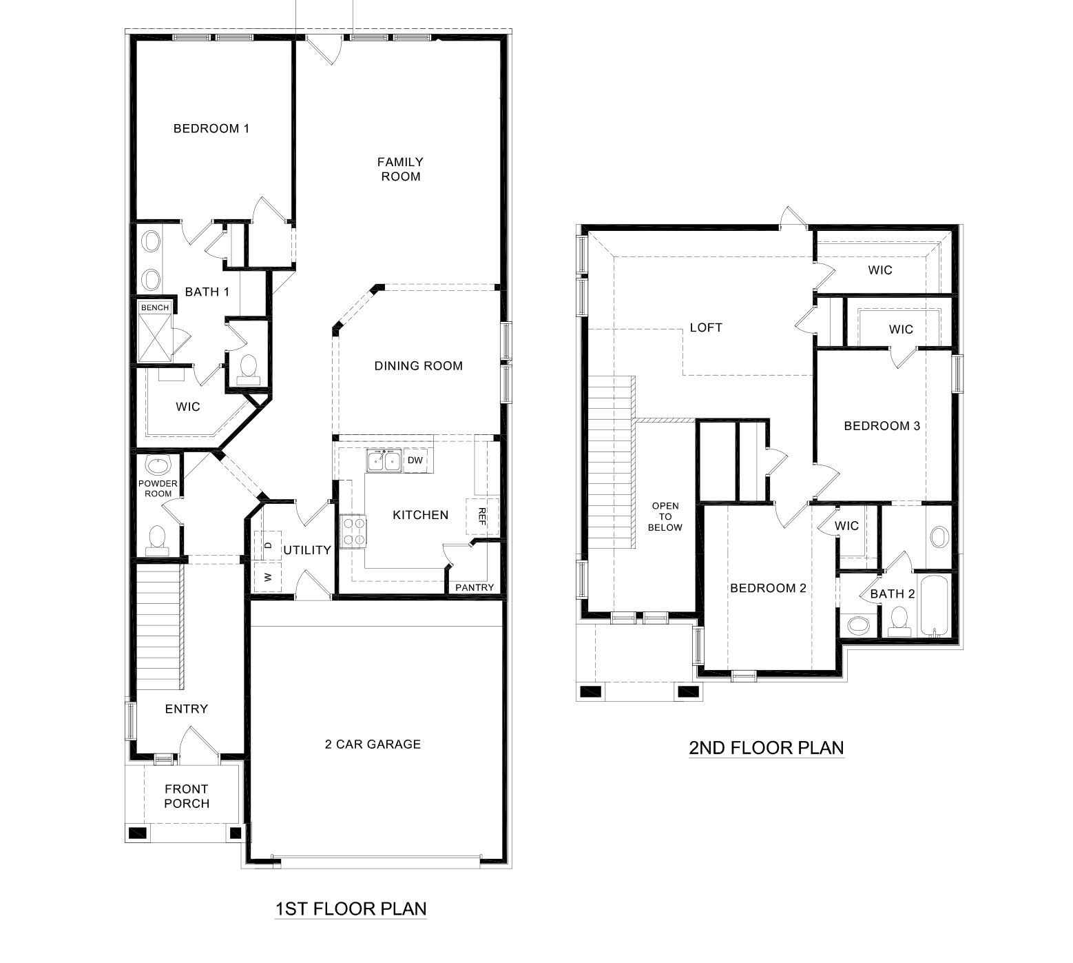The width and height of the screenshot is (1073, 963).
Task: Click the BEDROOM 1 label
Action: point(211,128)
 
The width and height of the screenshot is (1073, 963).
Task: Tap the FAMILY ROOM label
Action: point(400,169)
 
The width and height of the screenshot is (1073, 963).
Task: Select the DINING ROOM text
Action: point(418,366)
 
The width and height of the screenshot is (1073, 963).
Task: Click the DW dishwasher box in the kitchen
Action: point(415,460)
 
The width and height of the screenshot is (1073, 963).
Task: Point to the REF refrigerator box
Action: point(481,516)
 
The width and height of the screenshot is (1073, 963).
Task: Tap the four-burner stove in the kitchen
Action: point(353,531)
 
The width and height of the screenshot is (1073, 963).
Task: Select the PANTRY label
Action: point(475,587)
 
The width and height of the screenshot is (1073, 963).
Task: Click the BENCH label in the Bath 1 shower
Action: point(154,307)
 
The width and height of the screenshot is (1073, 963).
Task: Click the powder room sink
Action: point(158,465)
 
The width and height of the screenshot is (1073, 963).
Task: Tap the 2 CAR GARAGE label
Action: point(373,744)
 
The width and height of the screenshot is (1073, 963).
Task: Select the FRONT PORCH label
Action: point(186,796)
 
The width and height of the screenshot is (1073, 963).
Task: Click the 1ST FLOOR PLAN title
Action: point(350,909)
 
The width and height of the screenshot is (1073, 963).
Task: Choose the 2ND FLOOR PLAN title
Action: point(766,748)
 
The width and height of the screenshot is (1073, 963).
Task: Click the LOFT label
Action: point(706,327)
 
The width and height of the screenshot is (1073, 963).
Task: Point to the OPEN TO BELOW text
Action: point(665,517)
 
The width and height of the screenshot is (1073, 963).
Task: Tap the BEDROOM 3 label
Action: point(882,426)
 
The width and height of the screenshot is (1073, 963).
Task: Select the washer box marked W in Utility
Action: point(267,576)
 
